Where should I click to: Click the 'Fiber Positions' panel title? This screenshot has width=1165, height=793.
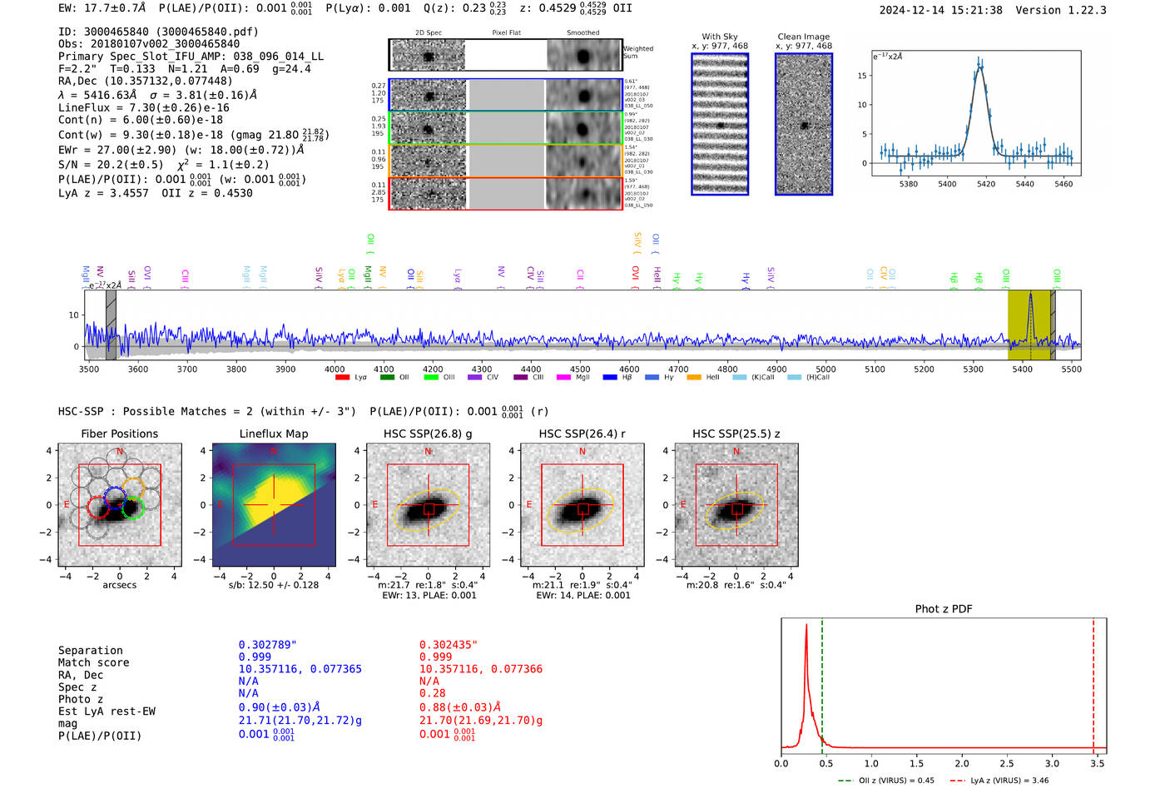pyautogui.click(x=119, y=434)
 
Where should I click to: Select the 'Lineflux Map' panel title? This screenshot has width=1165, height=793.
pyautogui.click(x=273, y=434)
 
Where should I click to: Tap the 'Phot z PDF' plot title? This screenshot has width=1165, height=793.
pyautogui.click(x=944, y=608)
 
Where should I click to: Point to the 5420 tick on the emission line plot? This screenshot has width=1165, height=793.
pyautogui.click(x=986, y=184)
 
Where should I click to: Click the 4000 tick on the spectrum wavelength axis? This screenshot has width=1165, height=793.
pyautogui.click(x=335, y=369)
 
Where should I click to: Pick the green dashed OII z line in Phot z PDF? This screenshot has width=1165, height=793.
pyautogui.click(x=822, y=682)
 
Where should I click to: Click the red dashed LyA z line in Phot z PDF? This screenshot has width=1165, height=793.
pyautogui.click(x=1093, y=682)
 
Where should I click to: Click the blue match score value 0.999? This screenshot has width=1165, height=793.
pyautogui.click(x=255, y=657)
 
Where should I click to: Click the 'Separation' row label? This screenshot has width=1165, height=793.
pyautogui.click(x=90, y=651)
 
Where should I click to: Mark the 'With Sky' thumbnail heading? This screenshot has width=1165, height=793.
pyautogui.click(x=720, y=37)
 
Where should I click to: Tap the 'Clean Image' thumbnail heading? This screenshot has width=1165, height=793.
pyautogui.click(x=804, y=37)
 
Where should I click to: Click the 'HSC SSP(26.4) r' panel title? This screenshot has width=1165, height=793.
pyautogui.click(x=582, y=434)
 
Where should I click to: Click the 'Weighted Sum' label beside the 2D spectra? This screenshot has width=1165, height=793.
pyautogui.click(x=638, y=52)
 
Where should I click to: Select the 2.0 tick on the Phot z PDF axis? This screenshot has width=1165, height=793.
pyautogui.click(x=962, y=763)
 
